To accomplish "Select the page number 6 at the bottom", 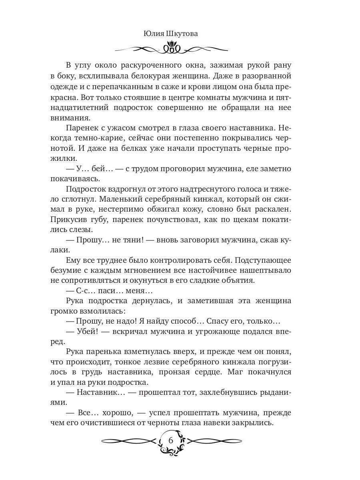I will click(x=171, y=440).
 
